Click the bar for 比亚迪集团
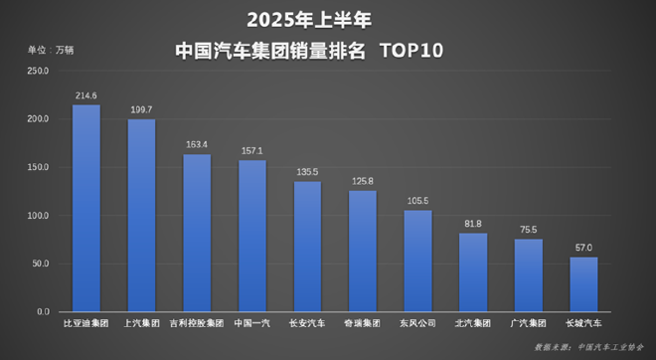pyautogui.click(x=86, y=209)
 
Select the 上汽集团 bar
pyautogui.click(x=141, y=216)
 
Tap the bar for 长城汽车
pyautogui.click(x=583, y=284)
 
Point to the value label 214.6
pyautogui.click(x=86, y=95)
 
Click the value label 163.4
pyautogui.click(x=197, y=145)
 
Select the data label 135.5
pyautogui.click(x=307, y=172)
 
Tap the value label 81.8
pyautogui.click(x=473, y=224)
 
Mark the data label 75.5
pyautogui.click(x=529, y=230)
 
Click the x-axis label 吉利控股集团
pyautogui.click(x=197, y=324)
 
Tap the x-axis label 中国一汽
pyautogui.click(x=251, y=324)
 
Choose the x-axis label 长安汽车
pyautogui.click(x=307, y=324)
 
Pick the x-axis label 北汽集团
pyautogui.click(x=473, y=324)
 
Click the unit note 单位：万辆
pyautogui.click(x=50, y=49)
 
